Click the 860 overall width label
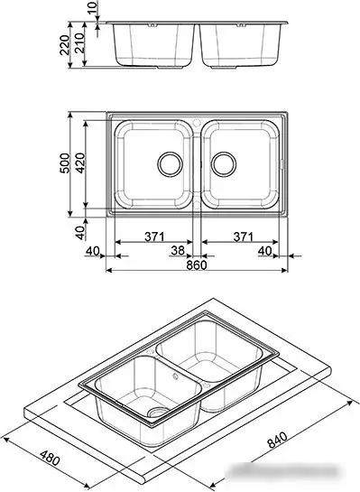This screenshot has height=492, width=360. [x=197, y=265]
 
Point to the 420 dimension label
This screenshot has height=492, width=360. [x=83, y=162]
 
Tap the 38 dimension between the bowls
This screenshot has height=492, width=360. [x=178, y=250]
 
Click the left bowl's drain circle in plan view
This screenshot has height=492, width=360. [x=169, y=163]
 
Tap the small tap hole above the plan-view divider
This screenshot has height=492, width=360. [x=198, y=119]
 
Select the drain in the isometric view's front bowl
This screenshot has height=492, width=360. [x=159, y=412]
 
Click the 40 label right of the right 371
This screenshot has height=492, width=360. [x=265, y=250]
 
